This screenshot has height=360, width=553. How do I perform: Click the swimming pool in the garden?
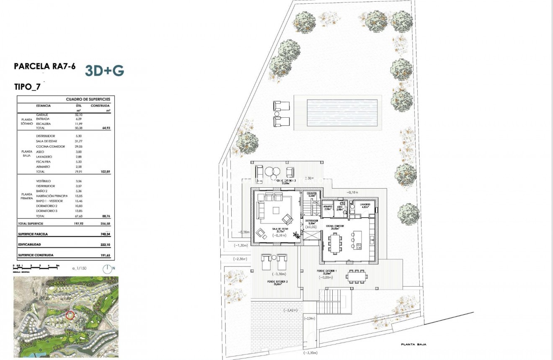coord(342,112)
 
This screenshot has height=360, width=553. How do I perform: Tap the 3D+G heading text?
coord(104,71)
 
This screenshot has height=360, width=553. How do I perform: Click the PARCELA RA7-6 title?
coord(45,66)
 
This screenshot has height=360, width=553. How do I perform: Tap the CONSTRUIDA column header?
coord(100,106)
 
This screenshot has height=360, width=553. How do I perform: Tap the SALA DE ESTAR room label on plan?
coord(279,229)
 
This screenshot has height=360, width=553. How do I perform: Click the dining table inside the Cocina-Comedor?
coord(336,243)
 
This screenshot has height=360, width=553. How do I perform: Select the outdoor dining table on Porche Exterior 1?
coord(357,276)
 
